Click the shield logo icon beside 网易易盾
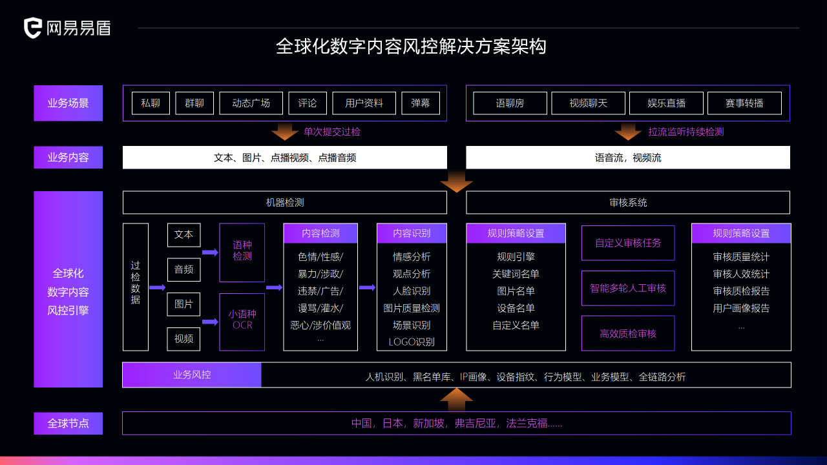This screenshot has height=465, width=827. (32, 28)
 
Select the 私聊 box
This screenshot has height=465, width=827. (151, 103)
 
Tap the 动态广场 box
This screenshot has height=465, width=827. (251, 103)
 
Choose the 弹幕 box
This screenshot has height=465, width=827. (421, 103)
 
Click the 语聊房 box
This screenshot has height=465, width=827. (510, 103)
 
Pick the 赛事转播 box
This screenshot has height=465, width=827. (744, 103)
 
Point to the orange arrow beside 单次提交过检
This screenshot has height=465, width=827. (285, 132)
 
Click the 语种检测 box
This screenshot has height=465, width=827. (242, 253)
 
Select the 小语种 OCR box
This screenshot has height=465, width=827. (242, 322)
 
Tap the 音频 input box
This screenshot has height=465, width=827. (184, 269)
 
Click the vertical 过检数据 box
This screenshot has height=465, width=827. (136, 287)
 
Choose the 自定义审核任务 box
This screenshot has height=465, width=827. (628, 243)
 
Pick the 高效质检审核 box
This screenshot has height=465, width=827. (628, 333)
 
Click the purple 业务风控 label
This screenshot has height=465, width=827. (192, 375)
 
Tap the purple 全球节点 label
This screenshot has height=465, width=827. (68, 423)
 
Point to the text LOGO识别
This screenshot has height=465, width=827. (412, 342)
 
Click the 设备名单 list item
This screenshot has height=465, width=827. (516, 308)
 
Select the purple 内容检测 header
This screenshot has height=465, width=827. (320, 233)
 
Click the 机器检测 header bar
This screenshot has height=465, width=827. (285, 203)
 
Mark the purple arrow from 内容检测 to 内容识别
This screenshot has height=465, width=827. (367, 287)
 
